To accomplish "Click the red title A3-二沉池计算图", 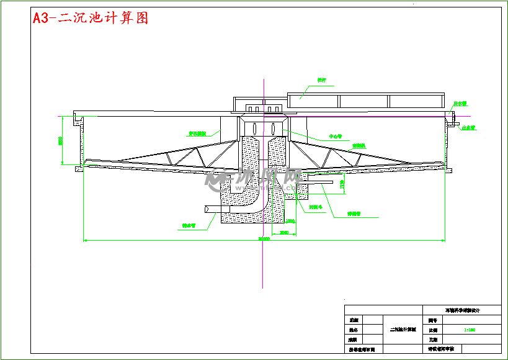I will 91,18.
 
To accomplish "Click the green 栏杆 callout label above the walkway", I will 321,80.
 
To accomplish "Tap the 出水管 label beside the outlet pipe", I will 468,128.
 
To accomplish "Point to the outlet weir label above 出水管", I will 460,104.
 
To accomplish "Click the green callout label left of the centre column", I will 197,132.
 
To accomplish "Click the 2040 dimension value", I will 283,232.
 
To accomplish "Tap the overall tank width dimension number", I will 264,238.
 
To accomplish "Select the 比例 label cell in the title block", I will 432,330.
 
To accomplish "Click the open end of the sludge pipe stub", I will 205,210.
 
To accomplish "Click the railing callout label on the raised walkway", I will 321,80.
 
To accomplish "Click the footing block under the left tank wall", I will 79,168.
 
